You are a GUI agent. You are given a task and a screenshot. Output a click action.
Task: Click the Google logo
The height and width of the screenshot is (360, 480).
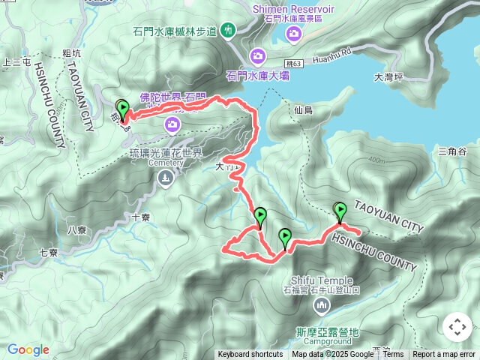point(28,349)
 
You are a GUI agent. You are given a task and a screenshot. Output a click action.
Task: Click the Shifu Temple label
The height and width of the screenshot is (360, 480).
point(319,280)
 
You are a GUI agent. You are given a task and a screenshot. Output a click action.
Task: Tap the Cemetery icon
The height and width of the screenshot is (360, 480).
point(165,178)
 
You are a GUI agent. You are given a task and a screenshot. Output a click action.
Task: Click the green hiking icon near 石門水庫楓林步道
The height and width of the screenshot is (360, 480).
point(228,31)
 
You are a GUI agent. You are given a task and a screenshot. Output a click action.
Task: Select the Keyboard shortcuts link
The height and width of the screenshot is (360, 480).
point(250,355)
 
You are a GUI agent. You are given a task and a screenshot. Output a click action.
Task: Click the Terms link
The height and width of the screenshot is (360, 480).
point(393,355)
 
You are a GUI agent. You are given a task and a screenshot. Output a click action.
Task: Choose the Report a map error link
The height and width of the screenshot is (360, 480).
point(444,355)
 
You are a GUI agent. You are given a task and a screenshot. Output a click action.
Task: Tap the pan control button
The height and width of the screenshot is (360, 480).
point(457,327)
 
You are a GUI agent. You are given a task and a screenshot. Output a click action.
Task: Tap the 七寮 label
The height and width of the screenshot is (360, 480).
point(49,253)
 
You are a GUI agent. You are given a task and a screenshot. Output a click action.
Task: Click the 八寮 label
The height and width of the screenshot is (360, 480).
point(78,230)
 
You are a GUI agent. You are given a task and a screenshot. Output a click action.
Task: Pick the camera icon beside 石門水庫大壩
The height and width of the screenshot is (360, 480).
point(258,56)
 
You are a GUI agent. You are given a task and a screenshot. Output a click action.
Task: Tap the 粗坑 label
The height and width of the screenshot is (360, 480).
point(73,53)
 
